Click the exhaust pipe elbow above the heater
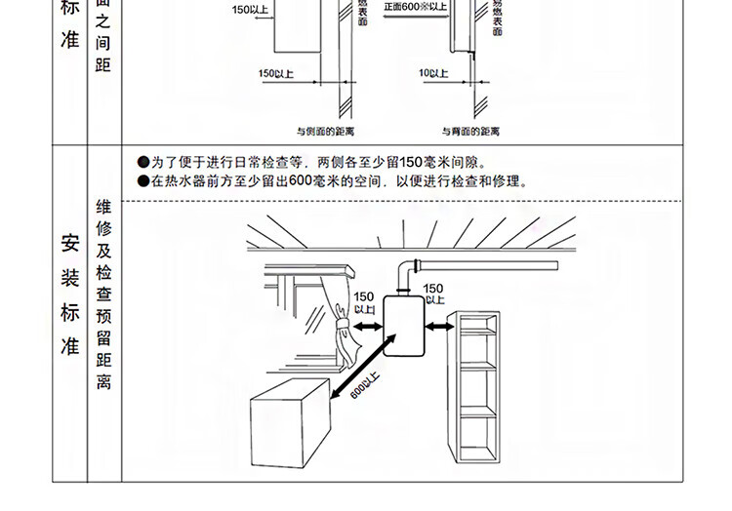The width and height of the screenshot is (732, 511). pyautogui.click(x=409, y=270)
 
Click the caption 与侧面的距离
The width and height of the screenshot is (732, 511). pyautogui.click(x=325, y=130)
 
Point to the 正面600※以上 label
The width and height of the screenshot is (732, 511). pyautogui.click(x=415, y=7)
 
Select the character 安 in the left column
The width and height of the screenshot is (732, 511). pyautogui.click(x=70, y=243)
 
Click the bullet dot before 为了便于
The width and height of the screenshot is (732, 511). pyautogui.click(x=142, y=162)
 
